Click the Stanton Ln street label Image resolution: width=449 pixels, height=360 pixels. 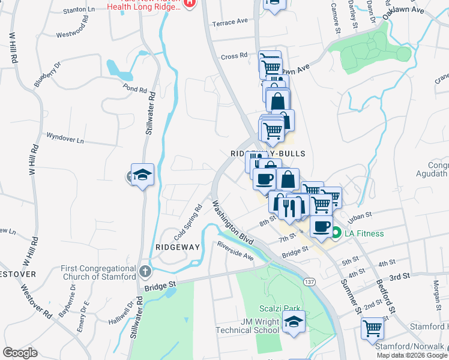(x=79, y=10)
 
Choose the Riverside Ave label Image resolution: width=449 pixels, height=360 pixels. (x=235, y=250)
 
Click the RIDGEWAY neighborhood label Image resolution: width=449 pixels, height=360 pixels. (x=173, y=247)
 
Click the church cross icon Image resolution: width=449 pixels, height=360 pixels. (x=145, y=272)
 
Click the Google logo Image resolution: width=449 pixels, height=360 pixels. (x=20, y=353)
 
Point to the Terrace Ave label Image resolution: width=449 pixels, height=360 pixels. (x=229, y=21)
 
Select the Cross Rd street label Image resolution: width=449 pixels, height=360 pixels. (x=234, y=56)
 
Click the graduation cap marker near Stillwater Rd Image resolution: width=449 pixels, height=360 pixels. (x=142, y=175)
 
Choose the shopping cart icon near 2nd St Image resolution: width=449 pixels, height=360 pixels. (x=372, y=328)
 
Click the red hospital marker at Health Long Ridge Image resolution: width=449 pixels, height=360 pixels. (x=189, y=3)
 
